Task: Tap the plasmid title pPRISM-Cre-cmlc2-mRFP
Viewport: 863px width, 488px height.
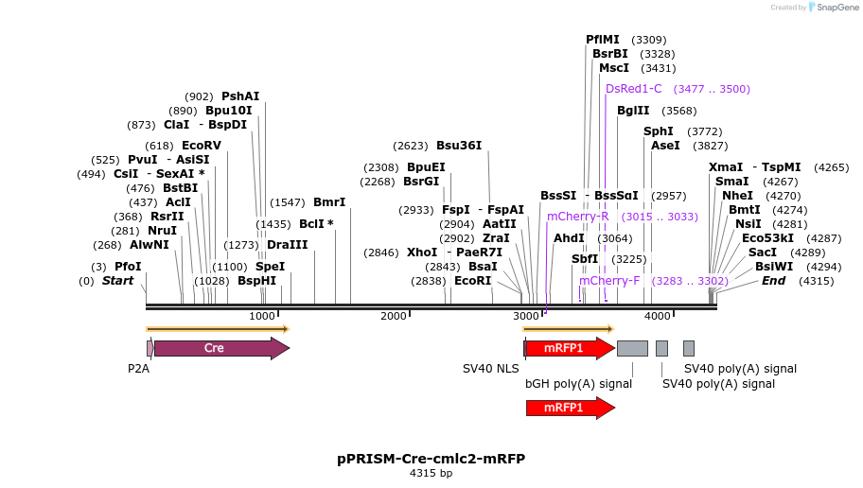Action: click(x=431, y=459)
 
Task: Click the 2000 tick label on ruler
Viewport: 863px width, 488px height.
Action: click(x=393, y=316)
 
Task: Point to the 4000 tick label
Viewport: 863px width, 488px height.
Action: click(x=657, y=316)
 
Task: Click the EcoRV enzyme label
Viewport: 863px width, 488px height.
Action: click(x=201, y=146)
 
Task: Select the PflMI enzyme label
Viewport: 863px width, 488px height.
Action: click(x=603, y=40)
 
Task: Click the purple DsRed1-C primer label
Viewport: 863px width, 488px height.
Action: click(x=633, y=89)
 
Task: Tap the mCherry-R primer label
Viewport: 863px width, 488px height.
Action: click(x=577, y=217)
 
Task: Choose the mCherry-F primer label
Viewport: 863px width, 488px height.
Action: click(x=609, y=281)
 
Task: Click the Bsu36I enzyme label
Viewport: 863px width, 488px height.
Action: click(x=459, y=146)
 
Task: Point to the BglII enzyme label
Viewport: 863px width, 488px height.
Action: click(x=633, y=111)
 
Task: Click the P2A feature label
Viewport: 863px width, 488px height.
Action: click(x=138, y=369)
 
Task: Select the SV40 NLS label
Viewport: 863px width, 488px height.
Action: click(x=490, y=369)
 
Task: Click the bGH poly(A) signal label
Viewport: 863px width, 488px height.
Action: click(x=578, y=384)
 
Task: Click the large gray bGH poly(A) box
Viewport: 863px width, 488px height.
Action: click(x=632, y=348)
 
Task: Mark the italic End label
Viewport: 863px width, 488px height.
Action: click(x=773, y=281)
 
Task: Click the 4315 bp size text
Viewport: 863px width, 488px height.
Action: click(x=431, y=473)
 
